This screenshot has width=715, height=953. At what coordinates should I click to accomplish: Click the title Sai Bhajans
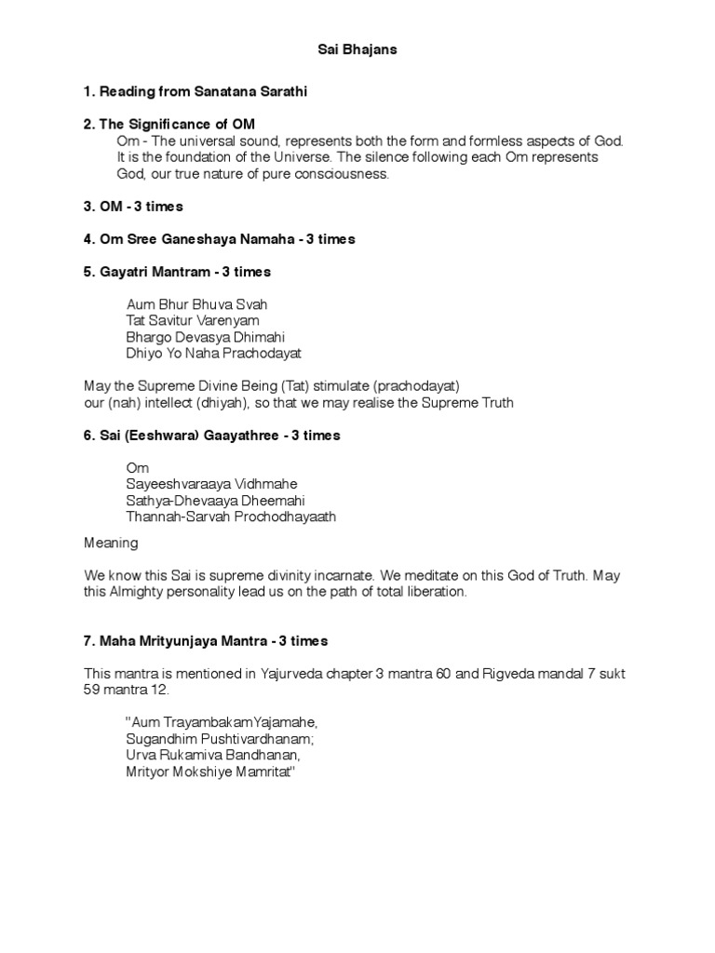click(357, 49)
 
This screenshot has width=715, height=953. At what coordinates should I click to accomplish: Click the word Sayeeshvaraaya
click(174, 484)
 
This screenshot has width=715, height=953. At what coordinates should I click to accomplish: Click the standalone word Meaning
click(111, 542)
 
